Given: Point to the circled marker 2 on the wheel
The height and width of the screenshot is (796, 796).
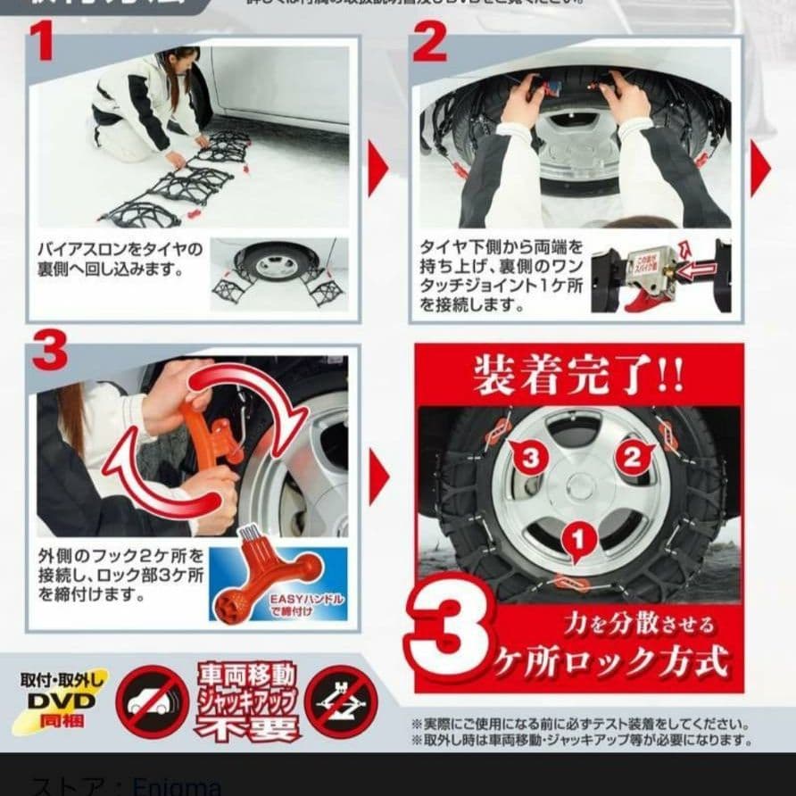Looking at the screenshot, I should click(x=631, y=458).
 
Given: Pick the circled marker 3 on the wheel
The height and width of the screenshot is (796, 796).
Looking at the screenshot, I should click(x=530, y=459).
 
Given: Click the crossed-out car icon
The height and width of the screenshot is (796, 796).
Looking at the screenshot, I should click(x=153, y=701).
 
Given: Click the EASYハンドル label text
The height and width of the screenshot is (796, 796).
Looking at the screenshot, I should click(x=309, y=603).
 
